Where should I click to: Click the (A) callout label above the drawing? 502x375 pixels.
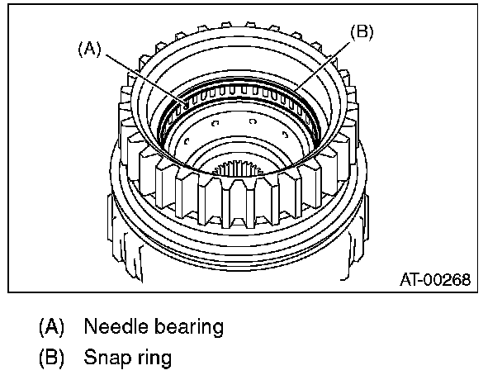point(89,49)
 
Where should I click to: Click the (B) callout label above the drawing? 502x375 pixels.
point(362,32)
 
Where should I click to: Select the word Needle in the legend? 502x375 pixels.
point(111,326)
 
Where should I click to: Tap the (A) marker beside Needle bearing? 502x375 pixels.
point(50,326)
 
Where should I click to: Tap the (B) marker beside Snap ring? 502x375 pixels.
point(50,359)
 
